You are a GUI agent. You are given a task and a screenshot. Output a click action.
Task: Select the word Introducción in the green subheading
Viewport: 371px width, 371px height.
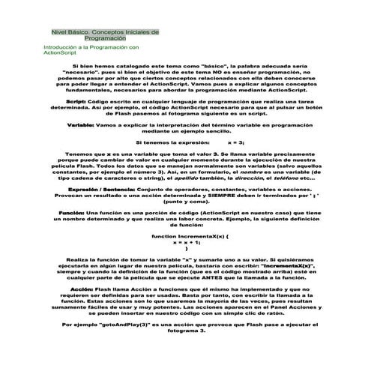pos(61,47)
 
